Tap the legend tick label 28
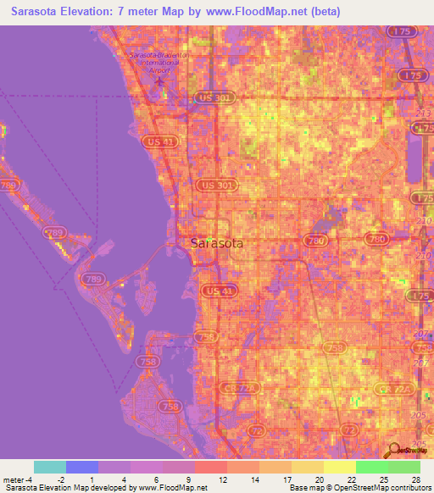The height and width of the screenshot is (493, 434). click(x=415, y=479)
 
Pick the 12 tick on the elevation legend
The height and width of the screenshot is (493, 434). click(x=222, y=479)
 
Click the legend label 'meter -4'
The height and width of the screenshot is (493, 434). click(x=17, y=479)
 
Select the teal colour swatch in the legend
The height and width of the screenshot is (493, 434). click(x=49, y=467)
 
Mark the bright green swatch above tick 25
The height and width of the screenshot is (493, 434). click(x=371, y=467)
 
